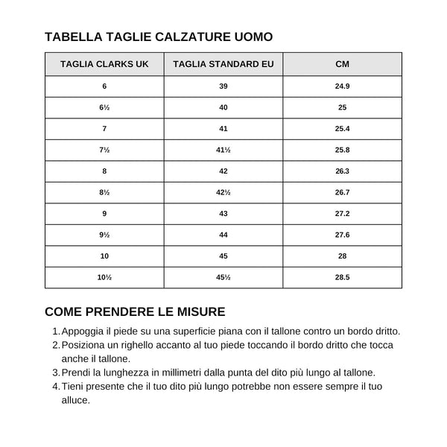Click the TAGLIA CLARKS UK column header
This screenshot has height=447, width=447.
104,64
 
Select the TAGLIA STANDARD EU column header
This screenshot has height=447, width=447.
223,64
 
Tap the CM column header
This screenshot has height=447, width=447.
343,64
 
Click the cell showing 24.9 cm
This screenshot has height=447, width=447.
343,86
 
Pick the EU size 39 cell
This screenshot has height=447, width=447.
223,86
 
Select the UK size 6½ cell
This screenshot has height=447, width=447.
104,108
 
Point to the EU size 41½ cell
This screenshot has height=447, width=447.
223,150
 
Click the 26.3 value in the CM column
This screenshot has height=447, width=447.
343,171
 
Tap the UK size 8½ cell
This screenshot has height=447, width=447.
104,192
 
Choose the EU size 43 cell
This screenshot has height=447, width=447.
223,214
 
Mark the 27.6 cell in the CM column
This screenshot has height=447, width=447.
343,235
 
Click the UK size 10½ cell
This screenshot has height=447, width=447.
104,277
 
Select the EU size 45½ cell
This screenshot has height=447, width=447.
223,277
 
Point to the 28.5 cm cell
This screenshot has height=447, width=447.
343,277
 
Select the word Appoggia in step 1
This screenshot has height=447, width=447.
84,332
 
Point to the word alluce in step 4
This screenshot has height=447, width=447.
75,400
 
